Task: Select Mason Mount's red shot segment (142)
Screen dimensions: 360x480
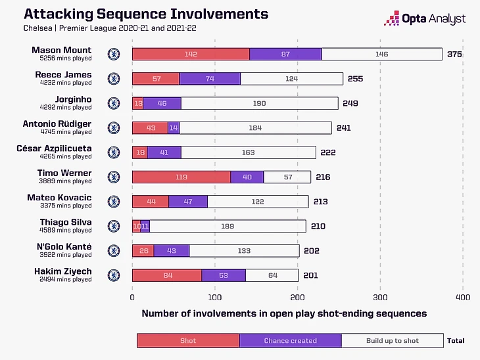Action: coord(191,55)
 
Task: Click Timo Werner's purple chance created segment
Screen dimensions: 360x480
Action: coord(247,177)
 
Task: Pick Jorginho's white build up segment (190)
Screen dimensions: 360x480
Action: coord(259,103)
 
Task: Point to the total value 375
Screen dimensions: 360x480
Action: coord(454,55)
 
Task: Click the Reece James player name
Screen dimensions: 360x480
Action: coord(63,75)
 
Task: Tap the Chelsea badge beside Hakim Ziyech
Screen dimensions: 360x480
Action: coord(113,275)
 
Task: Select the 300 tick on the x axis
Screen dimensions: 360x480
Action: coord(380,298)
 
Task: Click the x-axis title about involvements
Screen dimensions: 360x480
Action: coord(284,314)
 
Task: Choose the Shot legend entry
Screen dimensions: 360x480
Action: coord(188,341)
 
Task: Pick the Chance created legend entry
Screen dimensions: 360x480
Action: coord(290,341)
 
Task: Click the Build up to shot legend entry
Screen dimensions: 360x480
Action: coord(393,341)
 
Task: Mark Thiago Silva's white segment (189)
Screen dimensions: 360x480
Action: coord(228,226)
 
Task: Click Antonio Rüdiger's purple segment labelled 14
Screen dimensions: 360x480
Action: coord(174,128)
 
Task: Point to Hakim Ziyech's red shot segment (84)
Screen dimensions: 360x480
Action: coord(167,275)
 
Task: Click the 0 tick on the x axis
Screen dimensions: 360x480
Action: coord(132,298)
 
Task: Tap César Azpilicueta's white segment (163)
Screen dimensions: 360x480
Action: coord(248,152)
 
